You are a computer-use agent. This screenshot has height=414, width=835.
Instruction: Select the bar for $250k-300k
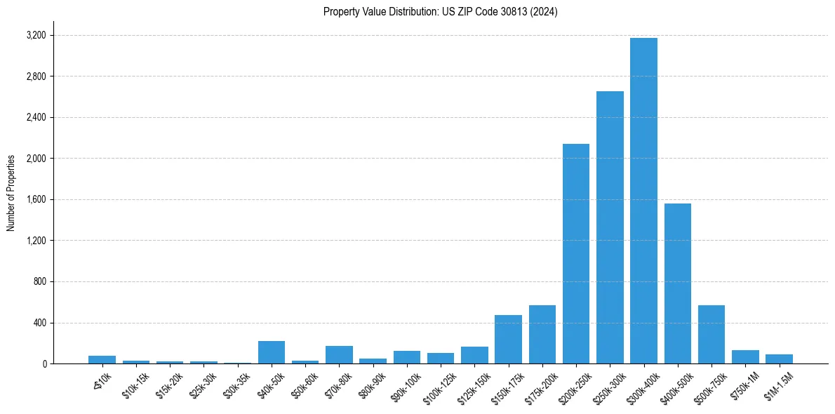coord(610,227)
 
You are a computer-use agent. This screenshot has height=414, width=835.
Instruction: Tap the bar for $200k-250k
coord(576,253)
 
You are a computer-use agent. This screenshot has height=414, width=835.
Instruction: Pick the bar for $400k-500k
coord(677,283)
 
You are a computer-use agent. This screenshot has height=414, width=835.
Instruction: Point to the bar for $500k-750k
coord(712,334)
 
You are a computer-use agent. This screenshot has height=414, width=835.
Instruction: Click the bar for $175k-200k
coord(542,334)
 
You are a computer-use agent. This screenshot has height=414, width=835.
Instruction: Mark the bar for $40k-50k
coord(272,352)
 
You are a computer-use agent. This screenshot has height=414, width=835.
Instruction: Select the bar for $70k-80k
coord(339,354)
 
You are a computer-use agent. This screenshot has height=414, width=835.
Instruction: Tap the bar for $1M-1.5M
coord(779,359)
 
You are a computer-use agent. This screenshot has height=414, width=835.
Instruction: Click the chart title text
coord(441,12)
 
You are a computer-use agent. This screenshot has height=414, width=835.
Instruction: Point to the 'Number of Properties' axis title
coord(11,193)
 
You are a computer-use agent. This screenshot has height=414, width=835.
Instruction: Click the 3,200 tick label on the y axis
coord(35,35)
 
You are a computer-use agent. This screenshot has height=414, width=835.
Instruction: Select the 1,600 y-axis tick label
coord(35,199)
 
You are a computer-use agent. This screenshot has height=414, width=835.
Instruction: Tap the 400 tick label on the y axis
coord(39,323)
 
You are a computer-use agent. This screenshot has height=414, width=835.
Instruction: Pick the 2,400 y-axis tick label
coord(35,117)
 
